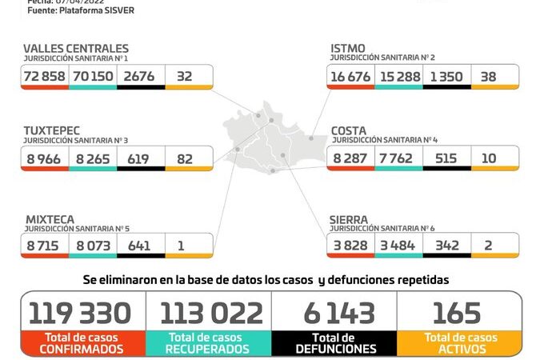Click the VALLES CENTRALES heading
point(76,49)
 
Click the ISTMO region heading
point(348,49)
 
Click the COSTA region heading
point(350,130)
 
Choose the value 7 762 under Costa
point(398,159)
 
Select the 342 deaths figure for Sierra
point(446,246)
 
